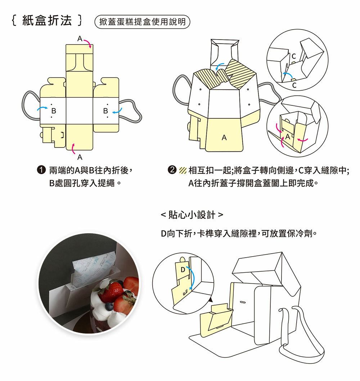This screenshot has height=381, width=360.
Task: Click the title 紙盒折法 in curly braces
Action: pos(47,21)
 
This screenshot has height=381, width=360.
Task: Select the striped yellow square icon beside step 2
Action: pos(183,170)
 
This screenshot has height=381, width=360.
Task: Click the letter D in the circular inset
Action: pos(183,270)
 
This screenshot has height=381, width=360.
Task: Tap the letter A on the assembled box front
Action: pos(224,137)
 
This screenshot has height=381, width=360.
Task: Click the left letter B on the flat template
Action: pos(54,110)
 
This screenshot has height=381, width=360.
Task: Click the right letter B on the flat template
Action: pos(105,110)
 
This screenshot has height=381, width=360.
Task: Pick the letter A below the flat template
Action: pos(80,157)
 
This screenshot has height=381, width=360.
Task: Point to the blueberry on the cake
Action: pos(109,306)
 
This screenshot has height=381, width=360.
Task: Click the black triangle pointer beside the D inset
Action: pos(210,299)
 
